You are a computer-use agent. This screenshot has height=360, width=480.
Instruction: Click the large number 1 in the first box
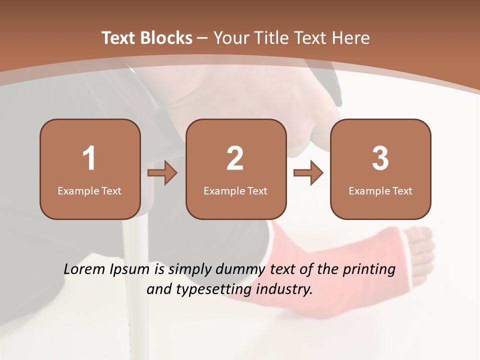[89, 158]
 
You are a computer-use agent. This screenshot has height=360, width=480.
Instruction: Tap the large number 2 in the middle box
[235, 158]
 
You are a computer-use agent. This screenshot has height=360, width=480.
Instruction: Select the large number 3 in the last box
[380, 158]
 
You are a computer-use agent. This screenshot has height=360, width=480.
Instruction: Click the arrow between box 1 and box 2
[163, 173]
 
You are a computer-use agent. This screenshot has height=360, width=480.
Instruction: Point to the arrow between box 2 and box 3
[308, 173]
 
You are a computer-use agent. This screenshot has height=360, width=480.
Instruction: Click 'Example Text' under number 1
[89, 190]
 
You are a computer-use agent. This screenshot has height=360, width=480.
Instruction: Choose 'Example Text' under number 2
[235, 190]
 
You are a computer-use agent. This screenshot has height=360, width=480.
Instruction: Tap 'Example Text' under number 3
[380, 190]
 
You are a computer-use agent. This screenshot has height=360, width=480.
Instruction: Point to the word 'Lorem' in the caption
[84, 269]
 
